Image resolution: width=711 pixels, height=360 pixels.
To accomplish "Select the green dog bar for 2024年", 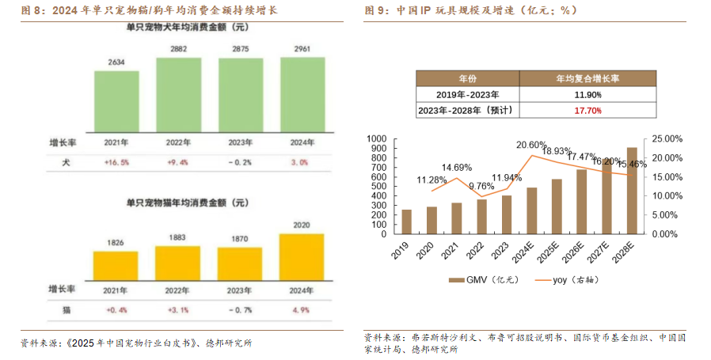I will click(x=302, y=92).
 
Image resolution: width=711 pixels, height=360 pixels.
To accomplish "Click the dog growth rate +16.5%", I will click(x=116, y=161).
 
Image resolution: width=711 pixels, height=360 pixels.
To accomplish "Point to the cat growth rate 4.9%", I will click(x=302, y=310).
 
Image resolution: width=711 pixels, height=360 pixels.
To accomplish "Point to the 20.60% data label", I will click(x=531, y=146).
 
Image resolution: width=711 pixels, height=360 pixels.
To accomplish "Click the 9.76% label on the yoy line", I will click(x=481, y=187).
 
